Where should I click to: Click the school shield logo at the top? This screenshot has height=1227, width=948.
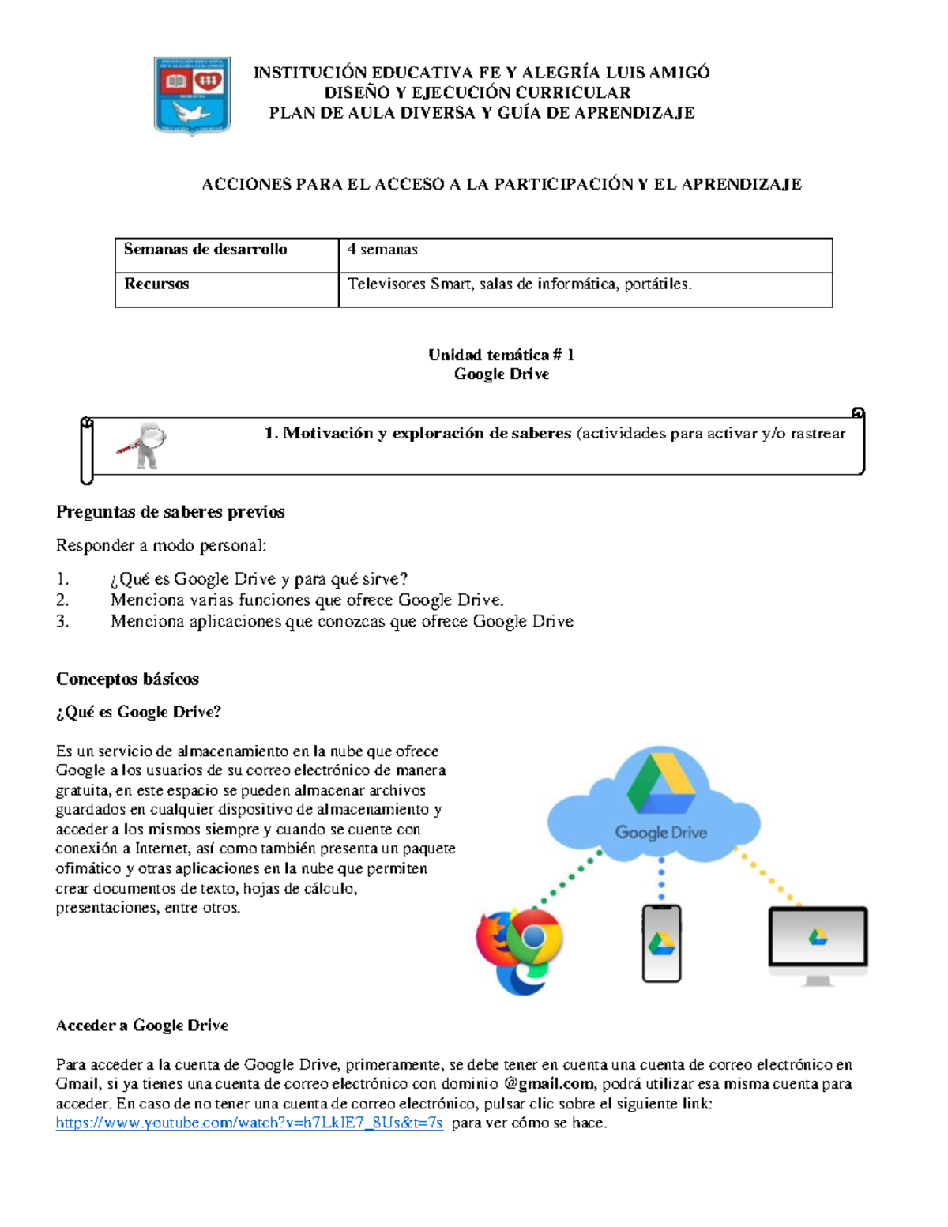pyautogui.click(x=192, y=96)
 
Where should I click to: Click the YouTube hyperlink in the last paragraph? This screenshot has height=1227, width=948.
pyautogui.click(x=249, y=1123)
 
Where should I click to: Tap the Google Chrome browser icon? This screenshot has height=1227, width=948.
pyautogui.click(x=534, y=938)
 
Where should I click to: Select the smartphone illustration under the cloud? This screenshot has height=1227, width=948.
pyautogui.click(x=661, y=943)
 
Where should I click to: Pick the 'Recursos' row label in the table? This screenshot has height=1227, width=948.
pyautogui.click(x=156, y=284)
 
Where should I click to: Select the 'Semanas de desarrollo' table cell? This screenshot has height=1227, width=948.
pyautogui.click(x=205, y=250)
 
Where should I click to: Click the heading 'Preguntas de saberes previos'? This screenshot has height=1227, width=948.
pyautogui.click(x=170, y=512)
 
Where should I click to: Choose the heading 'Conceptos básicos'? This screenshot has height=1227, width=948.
pyautogui.click(x=127, y=679)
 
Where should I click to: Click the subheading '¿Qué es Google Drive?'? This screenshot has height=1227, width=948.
pyautogui.click(x=138, y=712)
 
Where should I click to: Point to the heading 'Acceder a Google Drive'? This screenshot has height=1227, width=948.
pyautogui.click(x=142, y=1026)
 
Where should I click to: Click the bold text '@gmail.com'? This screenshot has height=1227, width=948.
pyautogui.click(x=548, y=1084)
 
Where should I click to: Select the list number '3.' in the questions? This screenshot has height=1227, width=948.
pyautogui.click(x=63, y=622)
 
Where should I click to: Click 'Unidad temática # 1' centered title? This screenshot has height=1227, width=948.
pyautogui.click(x=501, y=355)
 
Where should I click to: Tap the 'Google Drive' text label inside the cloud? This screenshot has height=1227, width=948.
pyautogui.click(x=661, y=833)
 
